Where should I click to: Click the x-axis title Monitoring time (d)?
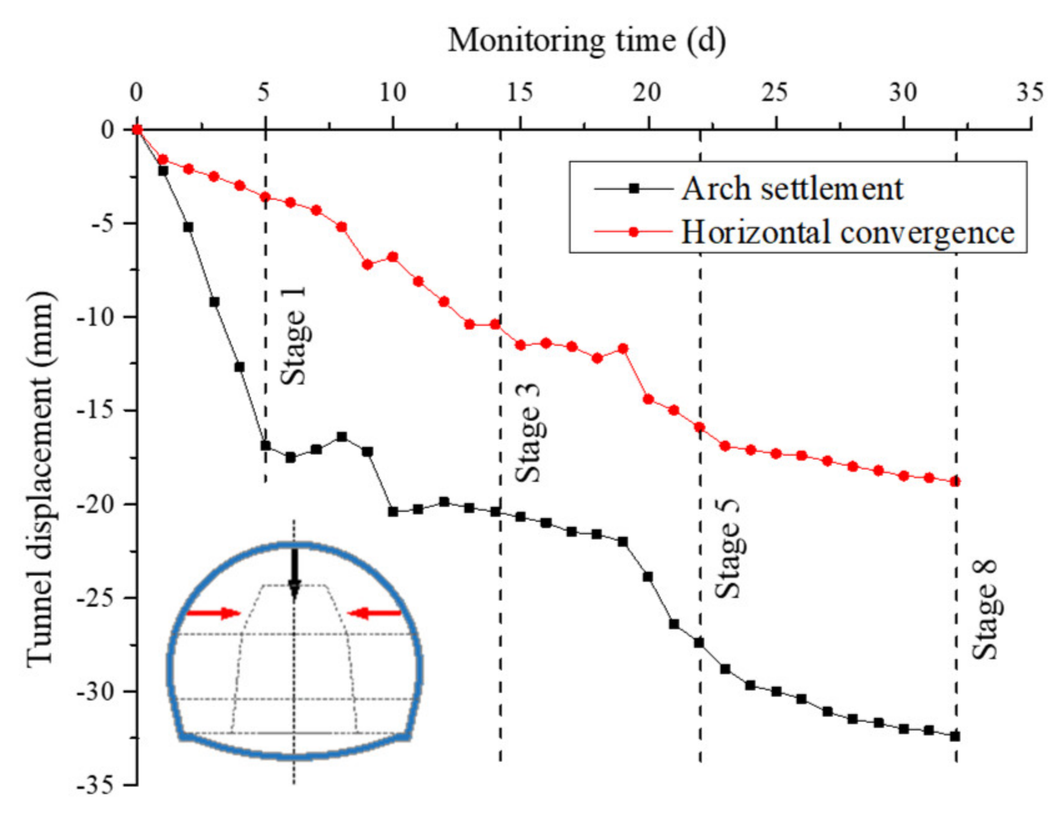tap(586, 41)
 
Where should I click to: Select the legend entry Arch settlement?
tap(792, 189)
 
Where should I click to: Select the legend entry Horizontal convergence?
tap(847, 232)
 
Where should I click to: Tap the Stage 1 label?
tap(293, 336)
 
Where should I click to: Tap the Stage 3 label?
tap(528, 433)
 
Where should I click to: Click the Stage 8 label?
tap(985, 610)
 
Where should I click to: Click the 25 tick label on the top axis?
tap(774, 93)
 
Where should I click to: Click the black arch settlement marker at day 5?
tap(265, 445)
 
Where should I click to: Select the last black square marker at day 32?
tap(955, 736)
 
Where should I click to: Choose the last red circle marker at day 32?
tap(955, 481)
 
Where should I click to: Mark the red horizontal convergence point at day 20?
tap(648, 399)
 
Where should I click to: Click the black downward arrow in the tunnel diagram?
tap(294, 573)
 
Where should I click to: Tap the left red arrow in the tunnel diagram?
tap(213, 613)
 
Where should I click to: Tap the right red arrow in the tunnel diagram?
tap(375, 614)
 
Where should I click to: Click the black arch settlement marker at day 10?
tap(393, 512)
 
